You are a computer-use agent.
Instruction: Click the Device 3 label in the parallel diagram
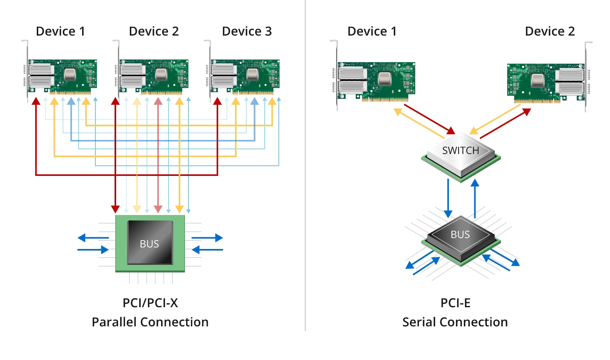tap(247, 31)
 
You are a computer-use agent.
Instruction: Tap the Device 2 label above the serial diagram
tap(549, 31)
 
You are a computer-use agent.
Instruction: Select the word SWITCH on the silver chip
tap(460, 150)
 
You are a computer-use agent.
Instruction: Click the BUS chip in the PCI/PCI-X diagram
tap(150, 243)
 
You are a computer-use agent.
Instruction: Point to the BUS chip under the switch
tap(460, 237)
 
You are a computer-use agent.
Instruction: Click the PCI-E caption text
tap(455, 303)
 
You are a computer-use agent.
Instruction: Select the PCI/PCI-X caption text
tap(150, 303)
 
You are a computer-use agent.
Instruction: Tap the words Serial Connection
tap(455, 322)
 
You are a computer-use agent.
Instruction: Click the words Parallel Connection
tap(150, 322)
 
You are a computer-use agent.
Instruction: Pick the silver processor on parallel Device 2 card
tap(161, 74)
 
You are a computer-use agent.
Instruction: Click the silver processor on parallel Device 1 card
tap(70, 74)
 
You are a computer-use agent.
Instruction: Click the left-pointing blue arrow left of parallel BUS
tap(93, 238)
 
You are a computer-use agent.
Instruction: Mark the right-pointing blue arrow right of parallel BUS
tap(207, 238)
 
